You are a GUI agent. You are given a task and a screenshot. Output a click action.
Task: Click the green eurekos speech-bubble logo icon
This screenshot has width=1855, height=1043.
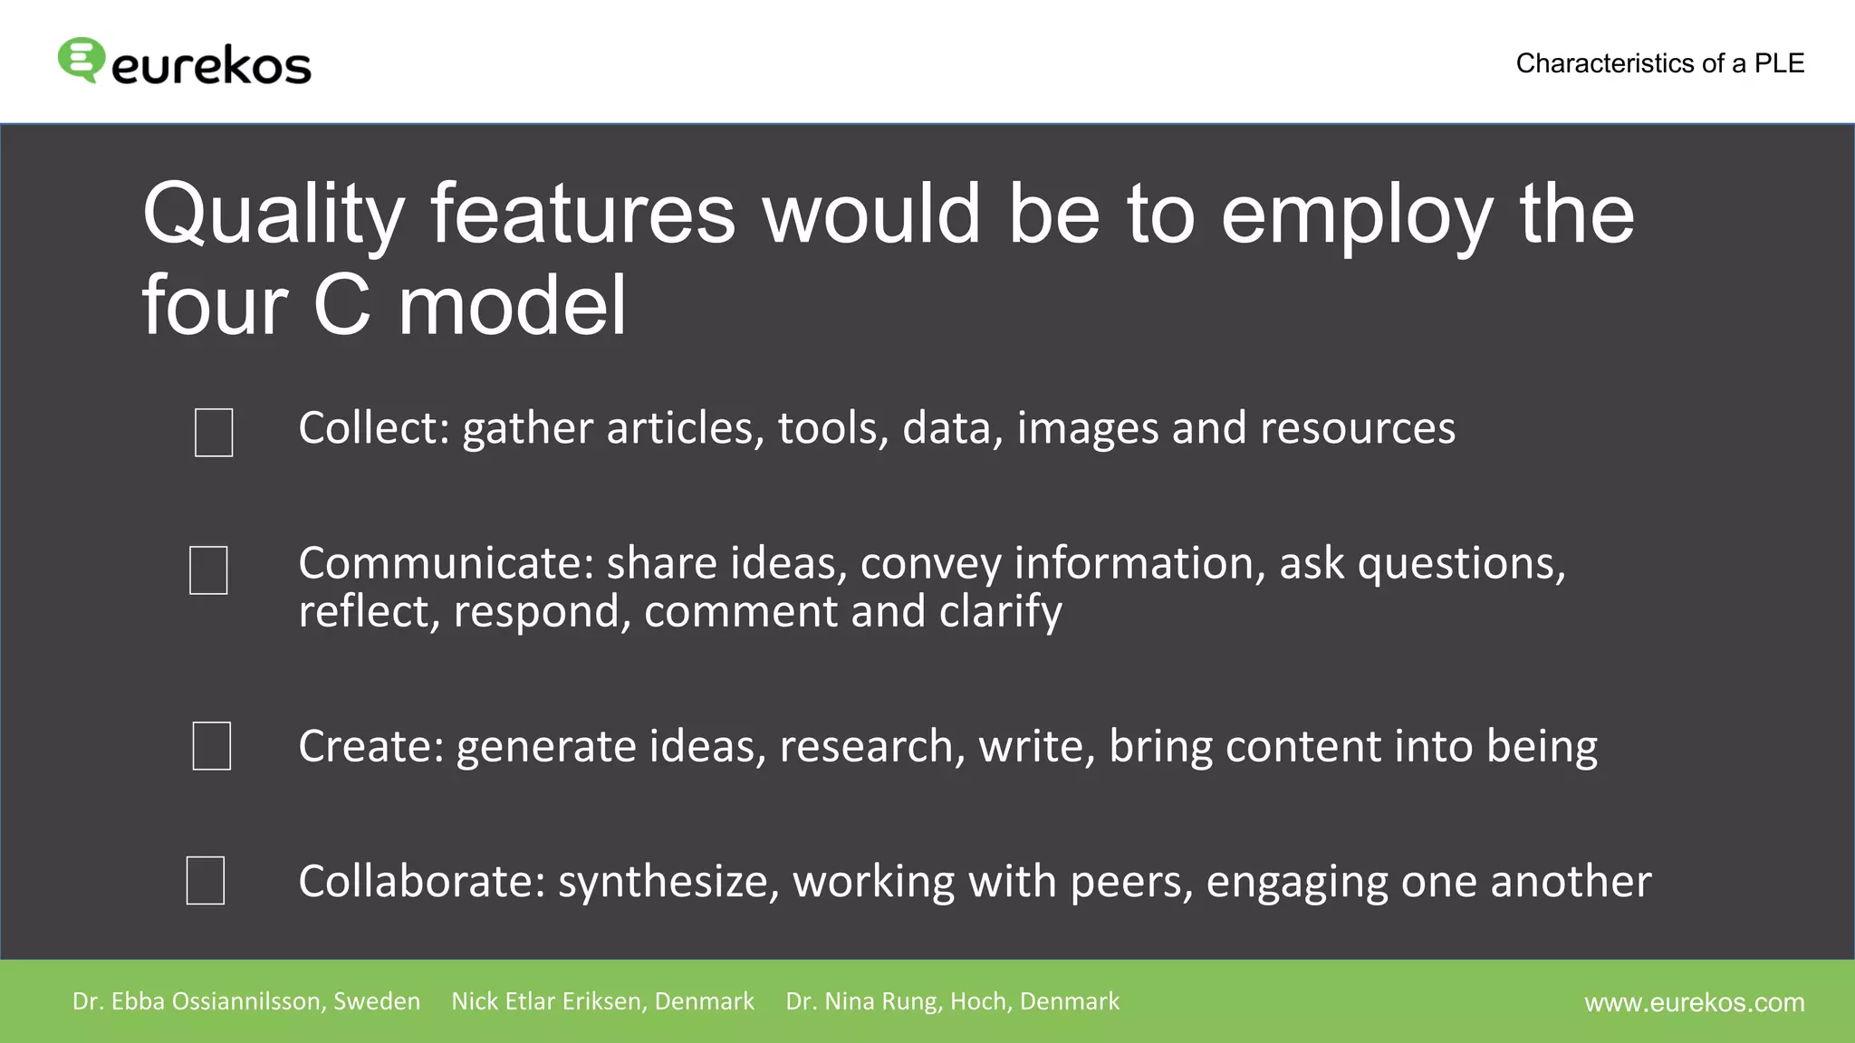(81, 60)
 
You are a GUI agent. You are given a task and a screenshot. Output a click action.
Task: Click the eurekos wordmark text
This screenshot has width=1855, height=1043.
(211, 66)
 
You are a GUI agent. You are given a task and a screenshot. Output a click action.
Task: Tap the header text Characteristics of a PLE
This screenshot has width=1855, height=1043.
(1659, 63)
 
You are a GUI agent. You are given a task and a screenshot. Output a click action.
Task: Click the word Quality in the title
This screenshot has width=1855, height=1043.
(273, 215)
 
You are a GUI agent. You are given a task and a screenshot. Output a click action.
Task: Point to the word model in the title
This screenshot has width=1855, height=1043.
(512, 306)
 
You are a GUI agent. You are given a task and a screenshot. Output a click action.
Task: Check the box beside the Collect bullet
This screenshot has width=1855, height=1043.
(214, 432)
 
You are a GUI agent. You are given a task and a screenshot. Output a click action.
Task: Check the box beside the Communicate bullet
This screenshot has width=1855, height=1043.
(208, 569)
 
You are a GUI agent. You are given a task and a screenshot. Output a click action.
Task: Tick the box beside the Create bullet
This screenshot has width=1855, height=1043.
(212, 745)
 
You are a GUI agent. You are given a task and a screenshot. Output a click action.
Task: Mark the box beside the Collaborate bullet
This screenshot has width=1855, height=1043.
(206, 879)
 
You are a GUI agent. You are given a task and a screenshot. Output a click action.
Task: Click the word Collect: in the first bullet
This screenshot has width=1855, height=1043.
(374, 427)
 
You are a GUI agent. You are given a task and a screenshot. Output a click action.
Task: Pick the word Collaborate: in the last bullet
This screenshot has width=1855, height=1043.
(422, 881)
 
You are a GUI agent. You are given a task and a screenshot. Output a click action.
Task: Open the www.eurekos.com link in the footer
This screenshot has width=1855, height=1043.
(1694, 1002)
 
